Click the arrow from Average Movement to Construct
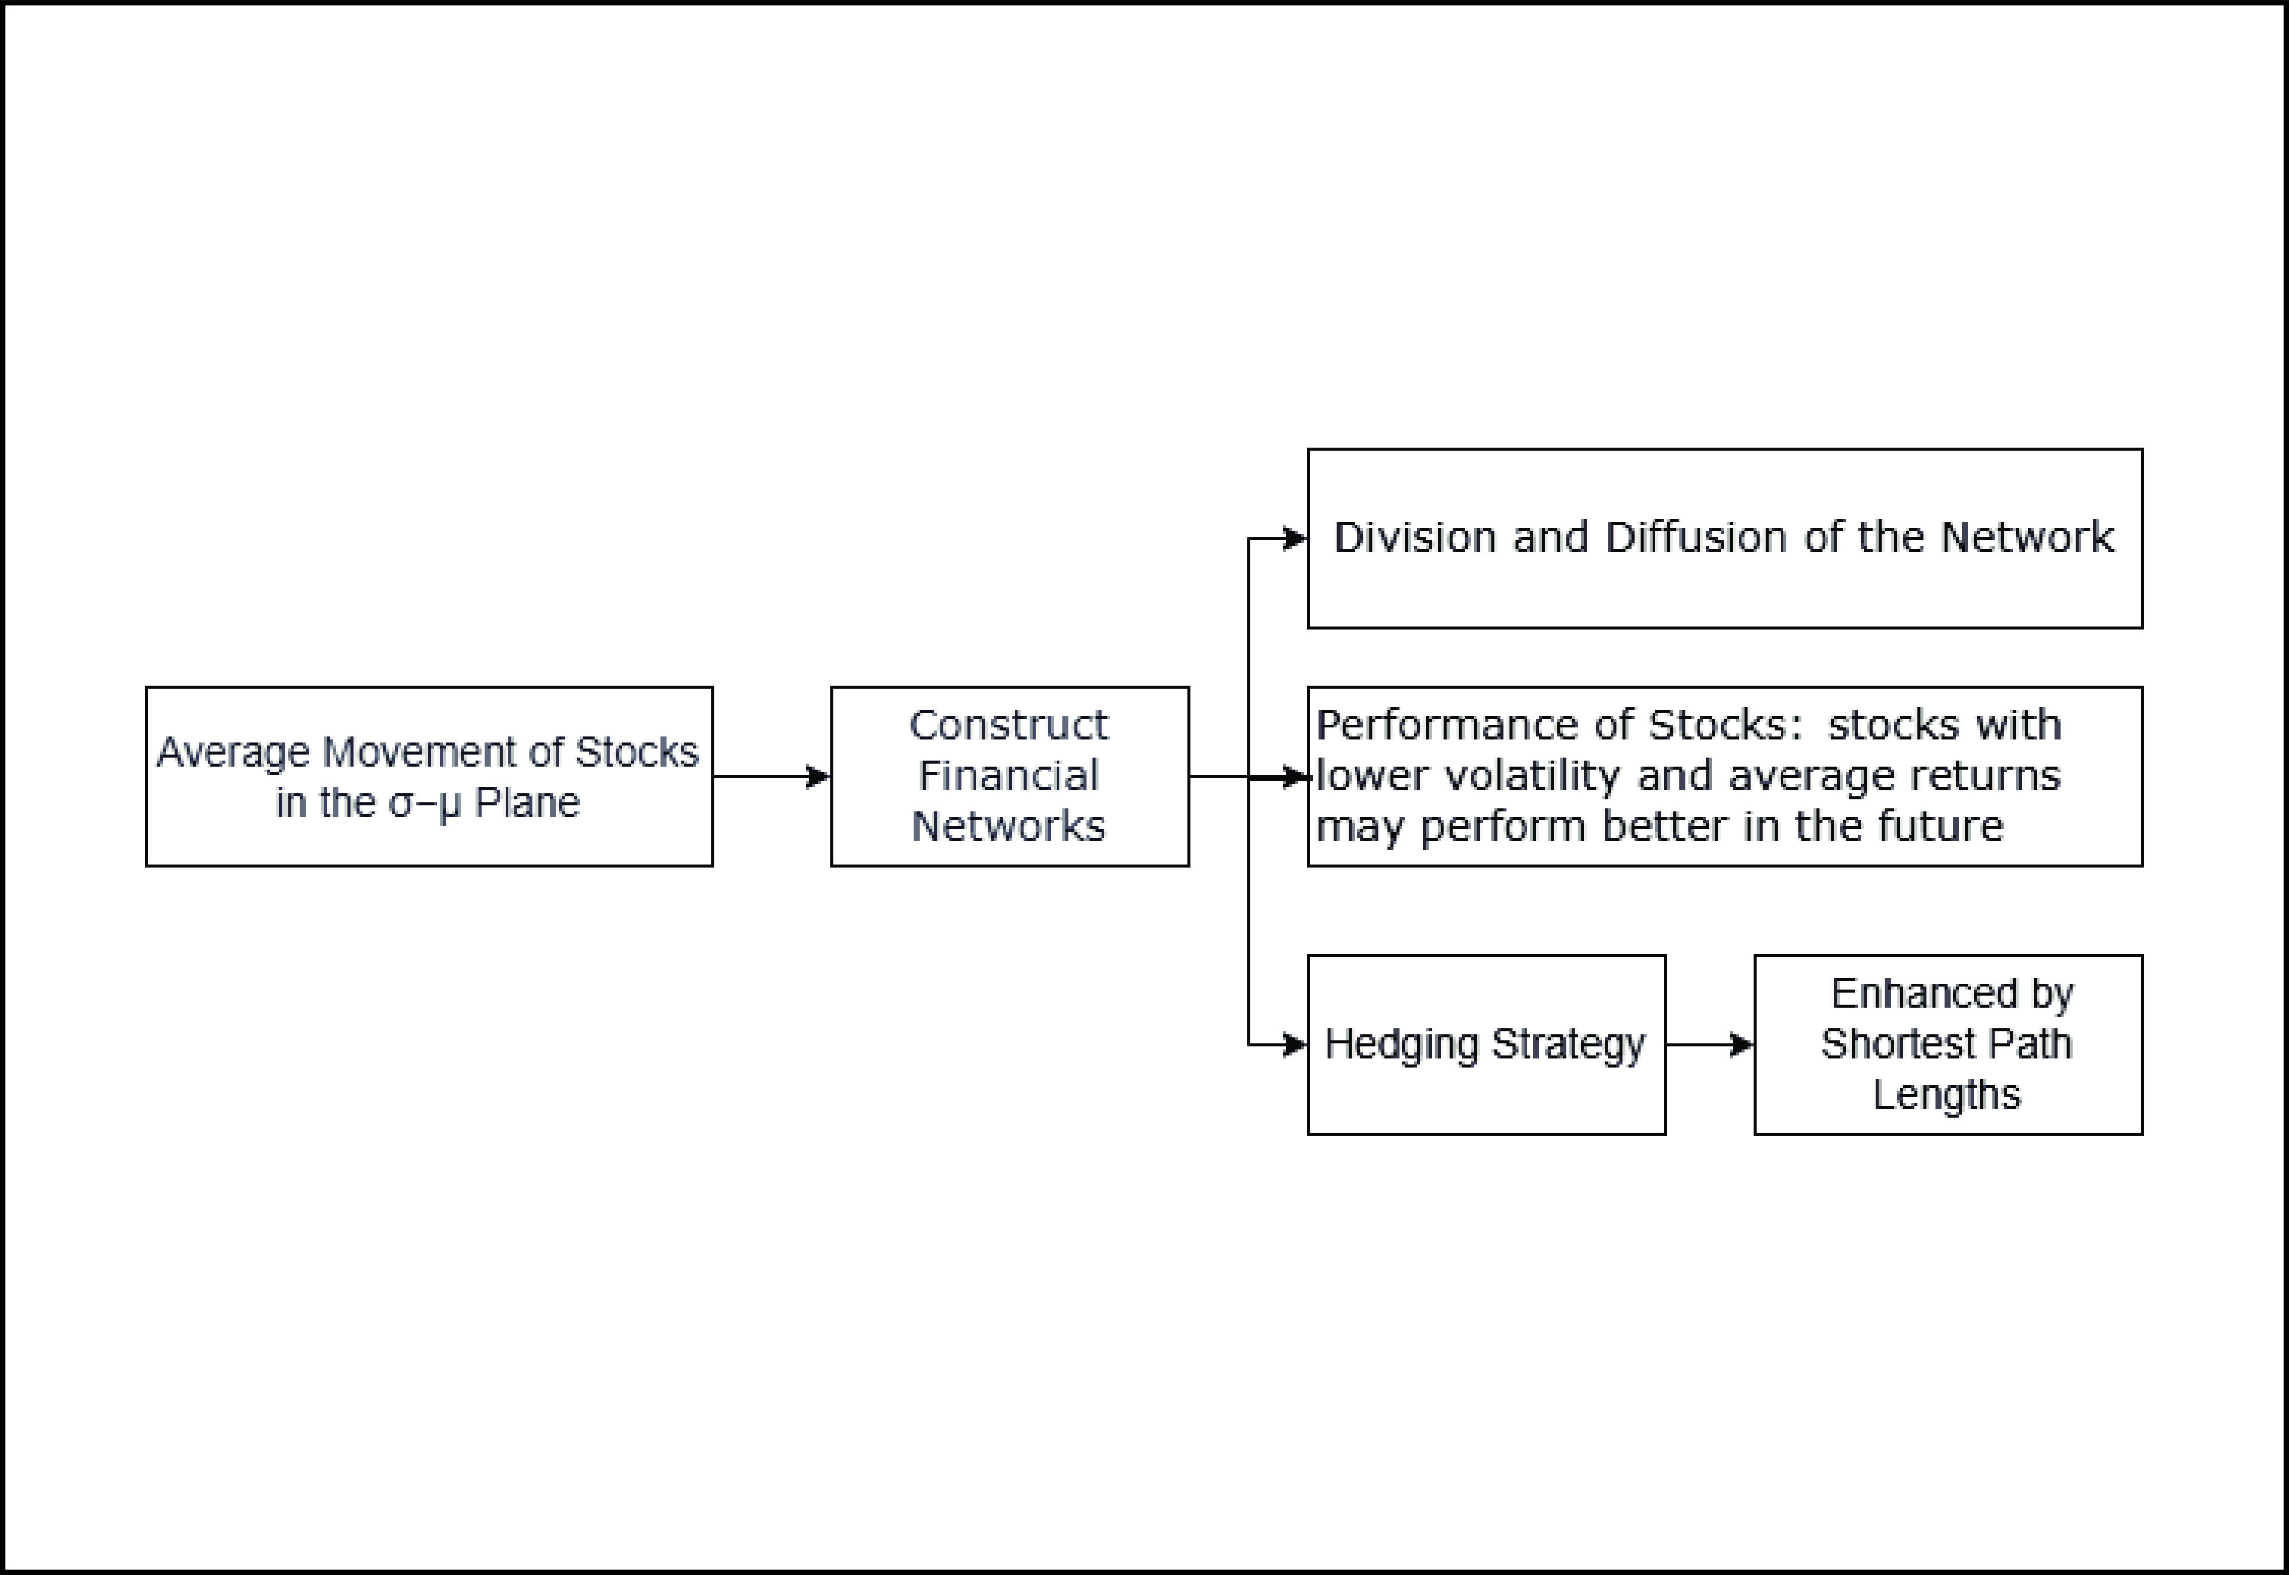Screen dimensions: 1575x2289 click(x=770, y=777)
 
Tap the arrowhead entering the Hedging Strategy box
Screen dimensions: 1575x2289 click(x=1294, y=1044)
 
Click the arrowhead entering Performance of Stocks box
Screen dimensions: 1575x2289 click(x=1294, y=777)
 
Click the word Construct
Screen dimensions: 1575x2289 click(x=1009, y=726)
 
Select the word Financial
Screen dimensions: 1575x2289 click(x=1009, y=776)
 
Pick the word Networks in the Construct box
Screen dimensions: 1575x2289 click(x=1009, y=826)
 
